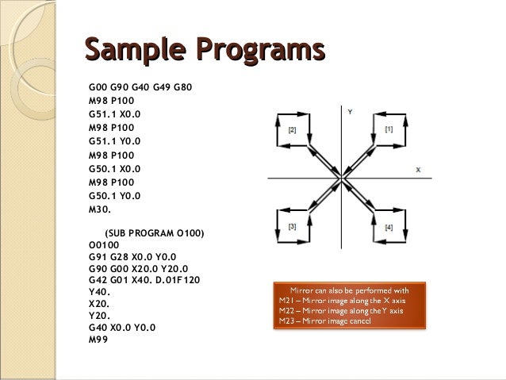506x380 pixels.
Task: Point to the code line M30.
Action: (101, 210)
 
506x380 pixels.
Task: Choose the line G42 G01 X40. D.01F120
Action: (144, 279)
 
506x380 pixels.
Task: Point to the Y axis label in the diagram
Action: (350, 112)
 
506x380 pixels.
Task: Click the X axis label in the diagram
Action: (418, 170)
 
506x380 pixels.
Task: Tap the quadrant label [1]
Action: (388, 129)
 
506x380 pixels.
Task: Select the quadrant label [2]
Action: (293, 129)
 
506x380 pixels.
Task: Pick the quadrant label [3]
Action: (293, 227)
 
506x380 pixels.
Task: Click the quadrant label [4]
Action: (388, 228)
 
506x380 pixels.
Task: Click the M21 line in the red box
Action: (342, 301)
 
